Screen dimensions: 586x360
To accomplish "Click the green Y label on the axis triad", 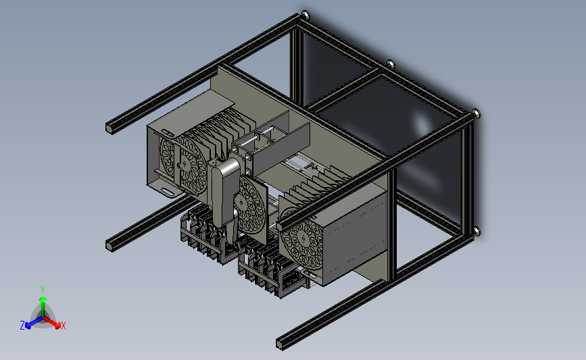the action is click(x=42, y=290).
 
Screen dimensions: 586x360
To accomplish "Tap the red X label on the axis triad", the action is click(x=63, y=326).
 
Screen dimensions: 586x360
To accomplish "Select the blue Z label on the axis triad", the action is click(x=22, y=326).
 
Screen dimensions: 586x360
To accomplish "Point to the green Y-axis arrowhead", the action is click(x=43, y=300).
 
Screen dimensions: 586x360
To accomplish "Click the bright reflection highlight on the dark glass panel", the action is click(x=422, y=123).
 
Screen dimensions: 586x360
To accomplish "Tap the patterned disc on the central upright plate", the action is click(x=251, y=204).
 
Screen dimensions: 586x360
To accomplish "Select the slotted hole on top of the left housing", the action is click(x=167, y=132).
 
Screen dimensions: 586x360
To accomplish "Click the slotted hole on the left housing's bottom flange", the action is click(x=168, y=192).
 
